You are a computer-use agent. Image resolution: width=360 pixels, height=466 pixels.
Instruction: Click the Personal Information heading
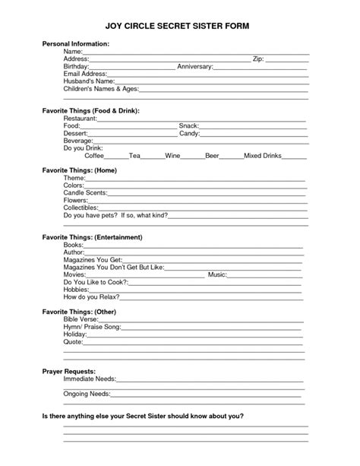click(x=75, y=45)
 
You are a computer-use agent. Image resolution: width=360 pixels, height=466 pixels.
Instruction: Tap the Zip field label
click(x=259, y=59)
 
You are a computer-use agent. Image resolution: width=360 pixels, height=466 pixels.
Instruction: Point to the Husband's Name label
click(x=89, y=81)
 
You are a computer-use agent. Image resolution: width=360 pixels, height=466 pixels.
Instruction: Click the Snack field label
click(x=188, y=125)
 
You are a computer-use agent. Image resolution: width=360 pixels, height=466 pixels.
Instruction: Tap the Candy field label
click(x=188, y=133)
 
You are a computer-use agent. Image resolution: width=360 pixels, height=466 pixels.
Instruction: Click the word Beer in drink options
click(x=212, y=155)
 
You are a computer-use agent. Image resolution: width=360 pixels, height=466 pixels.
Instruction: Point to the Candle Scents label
click(x=85, y=192)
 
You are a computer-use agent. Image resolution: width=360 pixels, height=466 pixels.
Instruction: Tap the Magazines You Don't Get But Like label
click(x=112, y=267)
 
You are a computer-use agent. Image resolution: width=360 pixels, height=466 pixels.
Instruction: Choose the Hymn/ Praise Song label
click(x=91, y=327)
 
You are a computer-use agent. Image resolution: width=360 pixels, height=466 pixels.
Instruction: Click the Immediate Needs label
click(x=88, y=379)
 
